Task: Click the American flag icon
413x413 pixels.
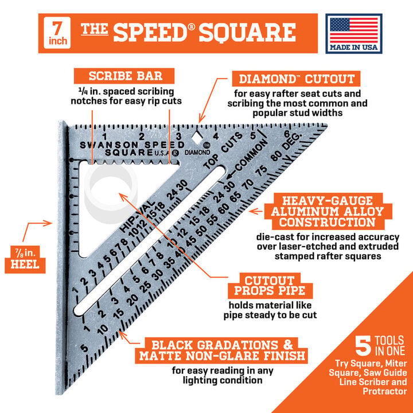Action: tap(354, 30)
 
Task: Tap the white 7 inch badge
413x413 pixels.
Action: tap(57, 33)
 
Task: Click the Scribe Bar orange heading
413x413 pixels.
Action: tap(124, 76)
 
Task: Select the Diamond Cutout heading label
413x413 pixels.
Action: tap(296, 79)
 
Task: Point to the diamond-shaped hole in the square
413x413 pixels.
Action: tap(197, 137)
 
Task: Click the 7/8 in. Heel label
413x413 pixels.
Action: tap(25, 259)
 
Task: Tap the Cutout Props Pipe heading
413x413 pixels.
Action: tap(270, 286)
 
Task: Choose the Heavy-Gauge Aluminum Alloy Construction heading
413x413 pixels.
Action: tap(328, 211)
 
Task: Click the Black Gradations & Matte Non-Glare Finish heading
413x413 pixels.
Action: tap(221, 350)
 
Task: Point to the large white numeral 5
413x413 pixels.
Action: tap(363, 345)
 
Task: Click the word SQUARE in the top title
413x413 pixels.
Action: tap(247, 33)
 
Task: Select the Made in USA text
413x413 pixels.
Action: tap(354, 47)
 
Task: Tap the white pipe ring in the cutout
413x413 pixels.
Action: tap(111, 194)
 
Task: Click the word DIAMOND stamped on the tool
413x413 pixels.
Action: tap(197, 152)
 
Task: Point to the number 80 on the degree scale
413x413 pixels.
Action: tap(277, 156)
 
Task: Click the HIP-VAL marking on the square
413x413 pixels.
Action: tap(137, 216)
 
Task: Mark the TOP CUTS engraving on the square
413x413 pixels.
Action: tap(223, 151)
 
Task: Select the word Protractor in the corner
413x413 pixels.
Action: tap(385, 391)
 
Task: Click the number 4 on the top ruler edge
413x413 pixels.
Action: tap(216, 136)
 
